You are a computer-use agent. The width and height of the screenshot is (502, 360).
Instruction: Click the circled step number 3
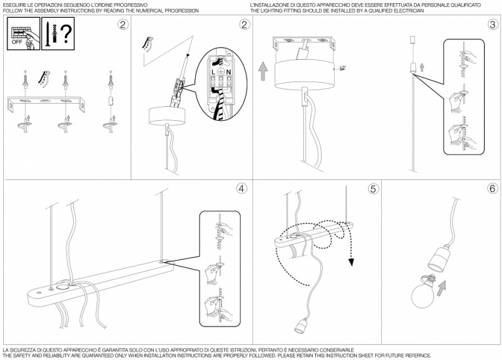[x=492, y=25]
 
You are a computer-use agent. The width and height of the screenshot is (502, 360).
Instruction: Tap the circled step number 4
[x=241, y=189]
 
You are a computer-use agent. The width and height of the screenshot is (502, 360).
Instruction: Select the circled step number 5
[x=373, y=189]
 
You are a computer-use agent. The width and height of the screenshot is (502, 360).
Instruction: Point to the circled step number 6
[x=492, y=189]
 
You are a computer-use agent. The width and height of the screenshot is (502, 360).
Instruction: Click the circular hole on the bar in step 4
[x=63, y=287]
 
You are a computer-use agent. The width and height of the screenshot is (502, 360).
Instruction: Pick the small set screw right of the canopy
[x=342, y=67]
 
